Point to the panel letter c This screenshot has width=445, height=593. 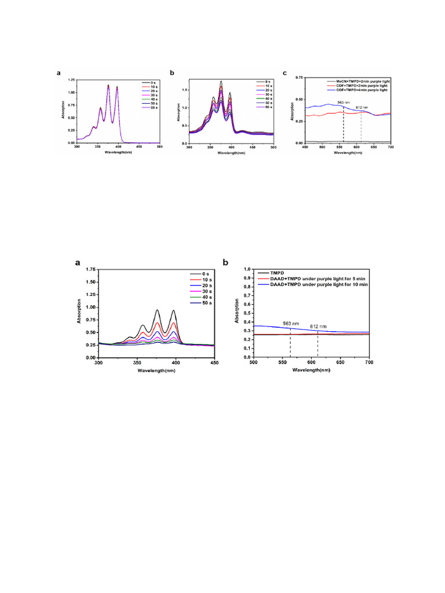(x=284, y=73)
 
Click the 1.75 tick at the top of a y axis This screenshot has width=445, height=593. (x=89, y=270)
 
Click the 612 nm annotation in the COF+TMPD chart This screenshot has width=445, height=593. (x=362, y=107)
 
